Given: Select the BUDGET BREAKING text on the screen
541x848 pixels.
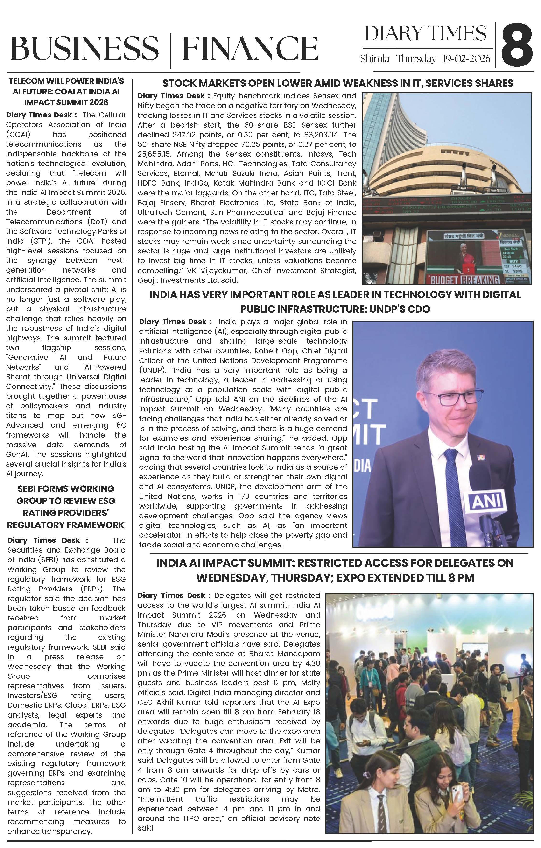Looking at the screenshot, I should [x=464, y=280].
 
